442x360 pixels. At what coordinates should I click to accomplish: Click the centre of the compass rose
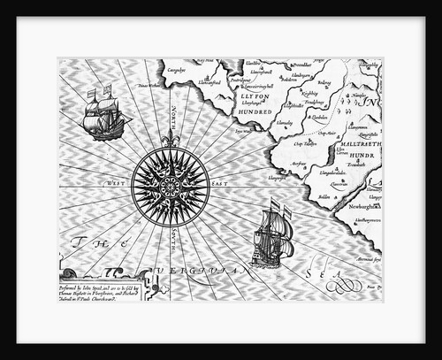(x=170, y=183)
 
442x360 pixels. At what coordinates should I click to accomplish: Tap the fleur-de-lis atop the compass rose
(x=170, y=140)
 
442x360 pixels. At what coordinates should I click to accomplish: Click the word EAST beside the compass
(x=218, y=183)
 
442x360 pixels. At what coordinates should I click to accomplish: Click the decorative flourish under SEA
(x=341, y=286)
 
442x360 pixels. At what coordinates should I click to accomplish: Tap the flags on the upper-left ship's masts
(x=100, y=92)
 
